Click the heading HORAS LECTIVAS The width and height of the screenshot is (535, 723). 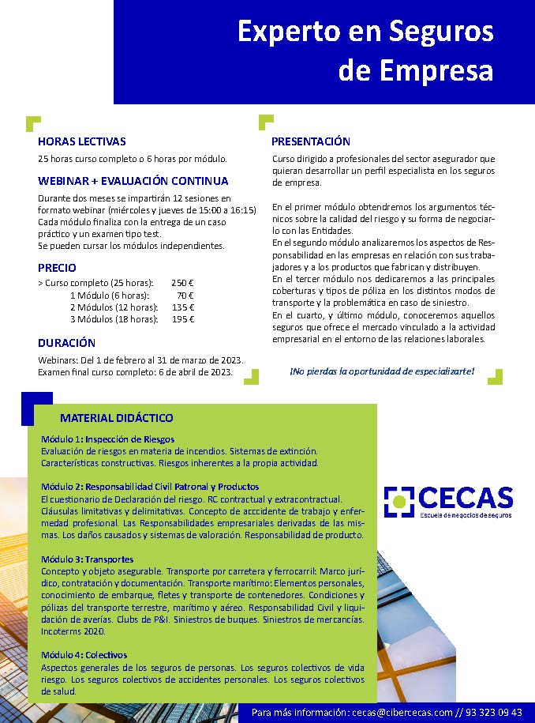tap(81, 142)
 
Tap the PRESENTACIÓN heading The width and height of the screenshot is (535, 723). tap(311, 141)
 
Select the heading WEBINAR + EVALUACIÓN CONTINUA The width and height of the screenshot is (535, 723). tap(133, 181)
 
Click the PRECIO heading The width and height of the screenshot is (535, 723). tap(57, 268)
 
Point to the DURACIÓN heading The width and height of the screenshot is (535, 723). tap(66, 343)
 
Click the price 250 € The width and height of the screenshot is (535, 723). tap(182, 282)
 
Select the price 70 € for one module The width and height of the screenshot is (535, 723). tap(185, 295)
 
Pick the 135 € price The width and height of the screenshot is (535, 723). tap(182, 307)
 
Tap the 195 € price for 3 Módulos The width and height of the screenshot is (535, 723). tap(182, 319)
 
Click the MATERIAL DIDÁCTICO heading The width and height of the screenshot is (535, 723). tap(116, 418)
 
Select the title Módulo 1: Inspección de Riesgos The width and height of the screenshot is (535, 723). tap(107, 439)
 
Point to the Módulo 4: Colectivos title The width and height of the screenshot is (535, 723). tap(84, 655)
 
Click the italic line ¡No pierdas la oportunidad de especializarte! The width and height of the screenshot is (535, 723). tap(382, 370)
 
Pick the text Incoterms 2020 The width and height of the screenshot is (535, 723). tap(73, 631)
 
